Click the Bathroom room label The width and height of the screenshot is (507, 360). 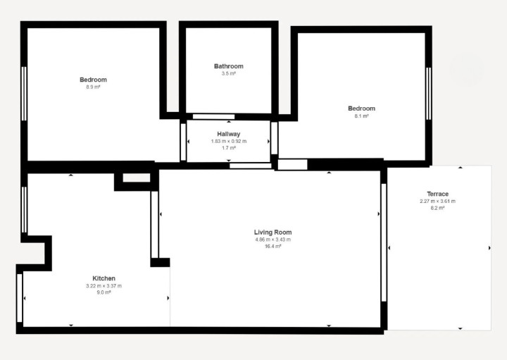coord(229,66)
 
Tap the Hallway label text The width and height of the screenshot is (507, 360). coord(229,134)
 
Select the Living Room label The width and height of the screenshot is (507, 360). coord(273,232)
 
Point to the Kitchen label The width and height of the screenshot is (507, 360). coord(104,278)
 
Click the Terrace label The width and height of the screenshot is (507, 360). coord(438,194)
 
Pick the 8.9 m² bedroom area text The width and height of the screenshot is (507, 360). coord(93,87)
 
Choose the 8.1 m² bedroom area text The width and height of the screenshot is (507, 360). coord(361,116)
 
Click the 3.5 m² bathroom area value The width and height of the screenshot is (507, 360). coord(229,73)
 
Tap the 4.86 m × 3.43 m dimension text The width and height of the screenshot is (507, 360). coord(273,240)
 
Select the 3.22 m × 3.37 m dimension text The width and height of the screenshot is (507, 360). coord(104,286)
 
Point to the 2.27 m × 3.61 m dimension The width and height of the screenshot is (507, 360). coord(438,201)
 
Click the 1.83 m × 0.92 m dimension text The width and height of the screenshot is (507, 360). coord(229,142)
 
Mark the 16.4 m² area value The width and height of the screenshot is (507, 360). coord(273,247)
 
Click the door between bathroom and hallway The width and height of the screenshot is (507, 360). coord(214,117)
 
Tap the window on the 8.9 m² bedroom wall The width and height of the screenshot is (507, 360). coord(24,94)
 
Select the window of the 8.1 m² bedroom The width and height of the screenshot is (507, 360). coord(428,94)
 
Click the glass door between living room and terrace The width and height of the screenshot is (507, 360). coord(384,242)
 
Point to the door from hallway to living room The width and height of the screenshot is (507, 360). coord(251,166)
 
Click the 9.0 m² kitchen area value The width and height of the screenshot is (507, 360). coord(104,292)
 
